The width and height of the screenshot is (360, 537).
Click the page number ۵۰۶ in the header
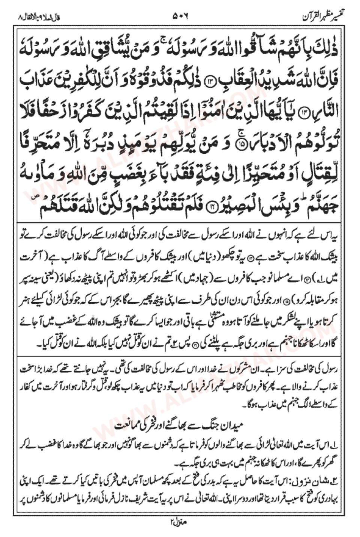180,16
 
